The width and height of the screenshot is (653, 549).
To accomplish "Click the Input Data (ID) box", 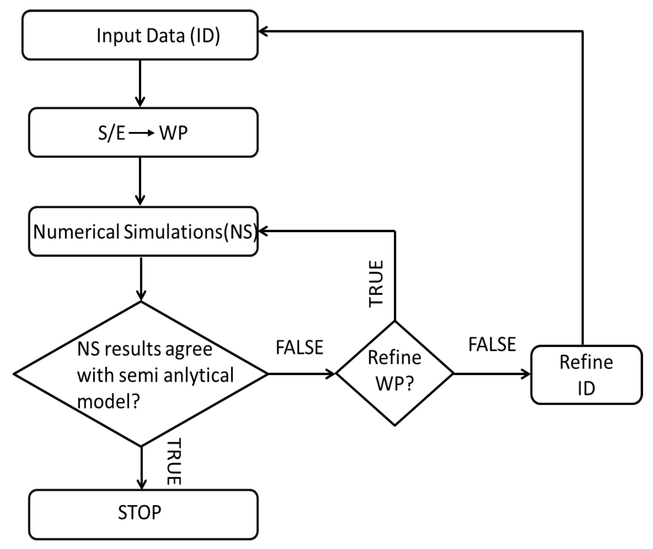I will tap(140, 35).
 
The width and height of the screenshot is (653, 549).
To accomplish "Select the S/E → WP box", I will tap(143, 132).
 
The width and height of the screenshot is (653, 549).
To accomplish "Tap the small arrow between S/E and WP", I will tap(142, 133).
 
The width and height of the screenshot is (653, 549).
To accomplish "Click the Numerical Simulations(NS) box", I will tap(143, 232).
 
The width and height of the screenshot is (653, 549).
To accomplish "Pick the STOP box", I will tap(143, 512).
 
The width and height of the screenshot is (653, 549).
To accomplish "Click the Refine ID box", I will tap(586, 375).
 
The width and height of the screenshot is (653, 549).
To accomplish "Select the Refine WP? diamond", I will tap(394, 373).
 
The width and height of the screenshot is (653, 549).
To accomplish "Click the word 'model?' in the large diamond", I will tap(109, 401).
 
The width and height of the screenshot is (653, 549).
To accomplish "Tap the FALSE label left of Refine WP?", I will tap(299, 348).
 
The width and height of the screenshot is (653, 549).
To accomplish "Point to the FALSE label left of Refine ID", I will tap(492, 344).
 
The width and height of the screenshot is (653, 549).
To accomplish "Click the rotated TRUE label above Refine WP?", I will tap(376, 284).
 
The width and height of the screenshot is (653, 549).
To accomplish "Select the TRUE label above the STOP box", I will tap(174, 461).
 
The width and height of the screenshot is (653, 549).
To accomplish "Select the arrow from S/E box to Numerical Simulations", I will tap(140, 182).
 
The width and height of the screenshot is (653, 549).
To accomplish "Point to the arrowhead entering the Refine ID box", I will tap(525, 374).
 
